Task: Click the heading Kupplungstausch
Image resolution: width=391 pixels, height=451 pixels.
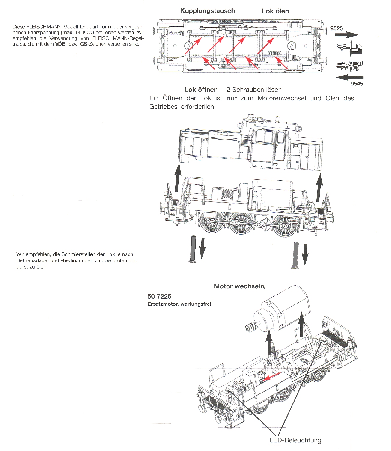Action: (x=207, y=11)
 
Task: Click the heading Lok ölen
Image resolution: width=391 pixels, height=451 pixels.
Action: (x=275, y=11)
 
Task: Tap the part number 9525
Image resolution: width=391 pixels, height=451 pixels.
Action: (x=336, y=28)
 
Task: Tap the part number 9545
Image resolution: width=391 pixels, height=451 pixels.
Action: (x=357, y=84)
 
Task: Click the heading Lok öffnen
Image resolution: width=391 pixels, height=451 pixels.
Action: (x=201, y=90)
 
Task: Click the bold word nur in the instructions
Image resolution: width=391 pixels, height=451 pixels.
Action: (x=232, y=98)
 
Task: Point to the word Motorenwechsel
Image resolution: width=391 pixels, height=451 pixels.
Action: (x=282, y=98)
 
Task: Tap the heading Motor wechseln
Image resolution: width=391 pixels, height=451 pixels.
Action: (x=239, y=286)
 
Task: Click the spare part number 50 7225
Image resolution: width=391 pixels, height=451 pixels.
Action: (x=159, y=296)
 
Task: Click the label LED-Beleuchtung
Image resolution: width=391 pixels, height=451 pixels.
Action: (x=295, y=440)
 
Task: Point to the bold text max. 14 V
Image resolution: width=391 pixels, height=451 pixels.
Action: (x=77, y=32)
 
